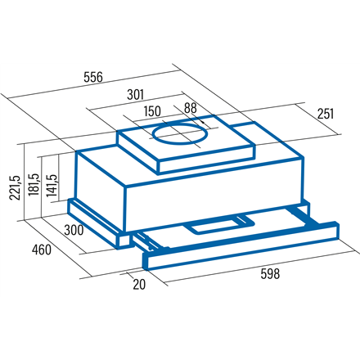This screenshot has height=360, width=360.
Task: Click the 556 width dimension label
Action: tap(93, 78)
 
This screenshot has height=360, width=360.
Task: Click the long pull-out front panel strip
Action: tap(241, 245)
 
